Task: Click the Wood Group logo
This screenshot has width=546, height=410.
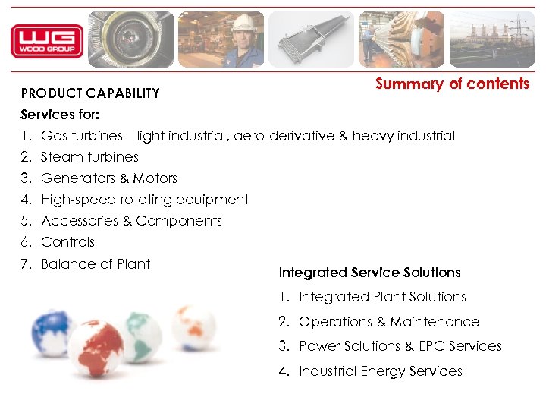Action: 46,41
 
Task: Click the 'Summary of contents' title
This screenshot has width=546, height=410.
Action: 452,84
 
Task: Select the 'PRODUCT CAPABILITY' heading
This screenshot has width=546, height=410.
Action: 90,93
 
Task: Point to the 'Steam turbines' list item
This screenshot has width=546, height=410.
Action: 89,157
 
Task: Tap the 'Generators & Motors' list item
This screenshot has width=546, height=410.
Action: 108,178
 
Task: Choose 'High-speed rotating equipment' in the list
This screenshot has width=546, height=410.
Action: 145,200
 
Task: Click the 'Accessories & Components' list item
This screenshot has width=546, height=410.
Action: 131,221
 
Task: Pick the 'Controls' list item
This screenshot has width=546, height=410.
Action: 67,242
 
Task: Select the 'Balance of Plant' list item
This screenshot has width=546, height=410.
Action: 96,264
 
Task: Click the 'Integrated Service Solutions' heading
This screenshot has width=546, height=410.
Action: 369,273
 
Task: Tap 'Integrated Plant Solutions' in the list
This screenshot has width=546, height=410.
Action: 382,297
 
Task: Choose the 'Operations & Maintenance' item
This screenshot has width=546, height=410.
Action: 389,322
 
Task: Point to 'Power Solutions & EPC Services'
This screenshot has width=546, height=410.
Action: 400,346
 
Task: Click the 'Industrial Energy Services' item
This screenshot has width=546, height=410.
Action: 380,371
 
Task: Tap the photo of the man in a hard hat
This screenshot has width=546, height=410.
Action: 221,40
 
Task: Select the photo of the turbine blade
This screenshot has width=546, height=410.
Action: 310,40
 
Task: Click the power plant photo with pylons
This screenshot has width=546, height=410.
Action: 492,40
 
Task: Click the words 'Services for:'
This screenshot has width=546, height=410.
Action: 60,115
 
